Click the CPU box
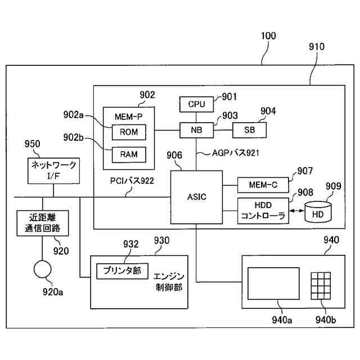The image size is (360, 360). [x=196, y=104]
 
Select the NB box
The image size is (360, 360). [x=196, y=130]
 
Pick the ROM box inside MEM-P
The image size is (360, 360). [x=129, y=132]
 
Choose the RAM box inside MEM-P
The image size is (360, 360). [x=129, y=154]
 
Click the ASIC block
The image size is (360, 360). [x=196, y=196]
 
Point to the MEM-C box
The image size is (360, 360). [x=263, y=184]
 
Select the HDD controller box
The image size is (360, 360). [x=263, y=211]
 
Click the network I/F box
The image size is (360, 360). [x=53, y=169]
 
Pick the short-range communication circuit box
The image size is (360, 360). [x=43, y=222]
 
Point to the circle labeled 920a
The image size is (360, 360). [x=43, y=268]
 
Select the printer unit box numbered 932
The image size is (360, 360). [x=122, y=271]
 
